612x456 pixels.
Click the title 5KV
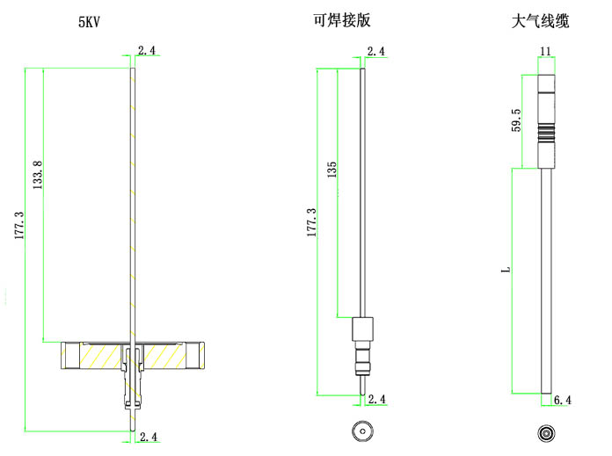pos(90,21)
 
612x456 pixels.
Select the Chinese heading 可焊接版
pos(341,21)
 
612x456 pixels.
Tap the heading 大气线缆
pos(540,20)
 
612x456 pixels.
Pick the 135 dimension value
pos(331,170)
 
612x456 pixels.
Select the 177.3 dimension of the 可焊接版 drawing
pos(310,223)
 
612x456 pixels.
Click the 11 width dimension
pos(546,52)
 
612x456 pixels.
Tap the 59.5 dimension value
pos(516,119)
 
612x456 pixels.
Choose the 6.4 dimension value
pos(563,401)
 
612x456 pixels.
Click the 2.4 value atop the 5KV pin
pos(147,52)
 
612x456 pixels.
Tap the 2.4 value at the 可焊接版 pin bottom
pos(376,400)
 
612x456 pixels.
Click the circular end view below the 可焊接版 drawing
pos(362,432)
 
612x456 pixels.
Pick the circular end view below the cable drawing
pos(546,433)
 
